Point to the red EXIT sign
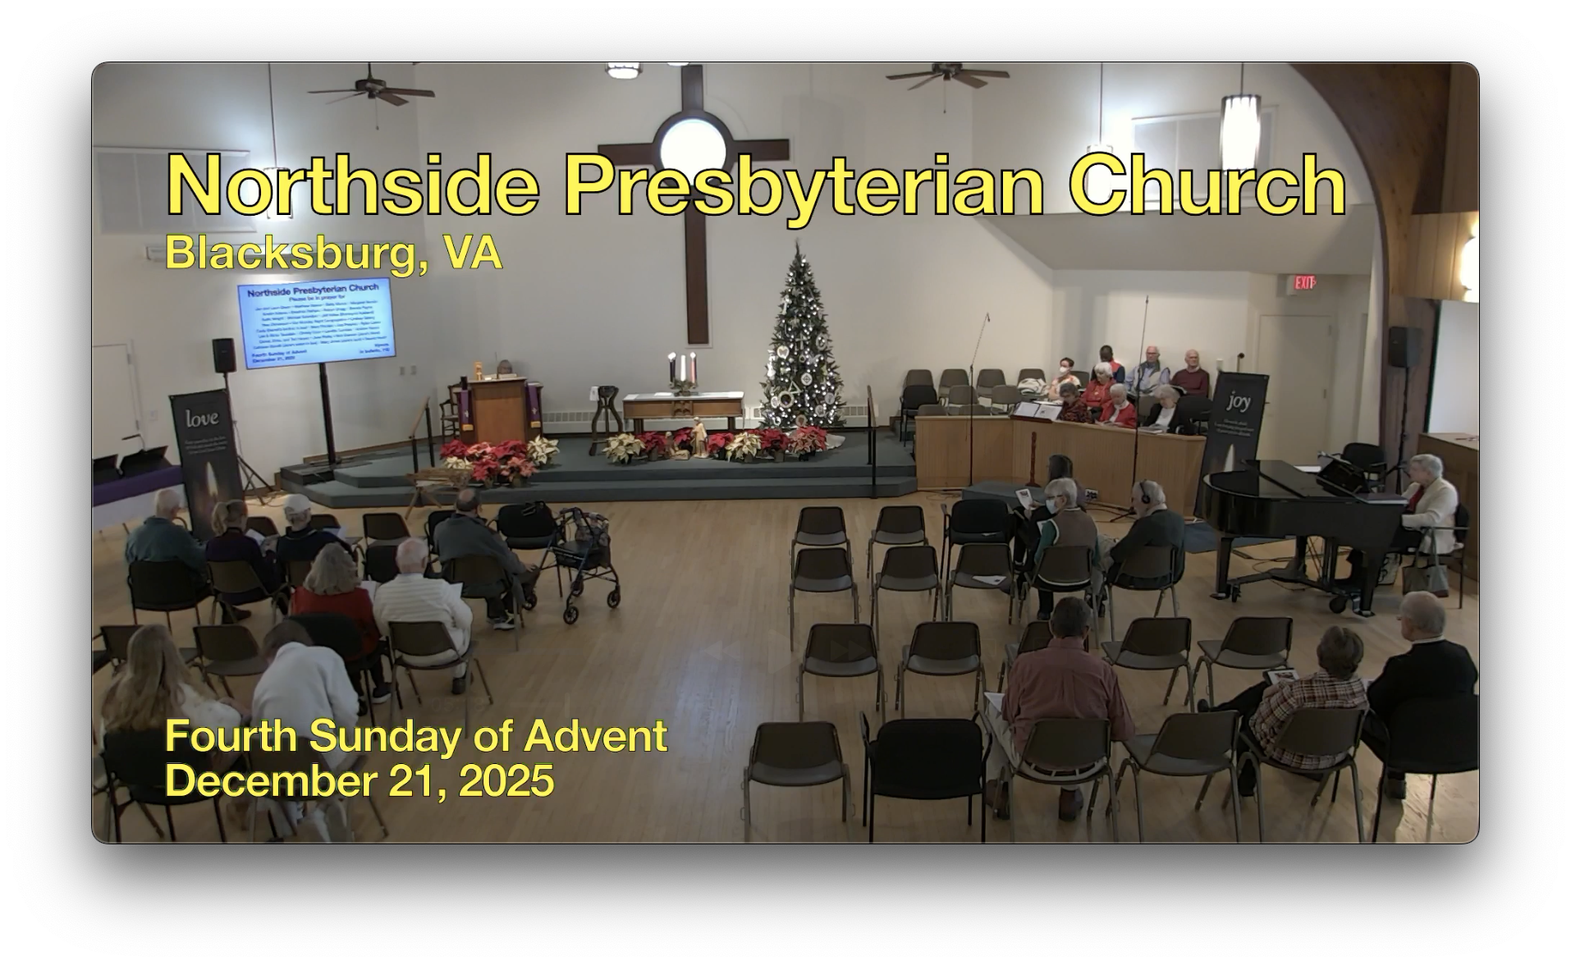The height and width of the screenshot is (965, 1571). [1304, 283]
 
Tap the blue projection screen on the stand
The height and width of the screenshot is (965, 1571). [316, 322]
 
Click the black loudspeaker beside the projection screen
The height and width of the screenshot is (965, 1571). [224, 354]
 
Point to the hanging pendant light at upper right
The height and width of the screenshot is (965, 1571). [1239, 123]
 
